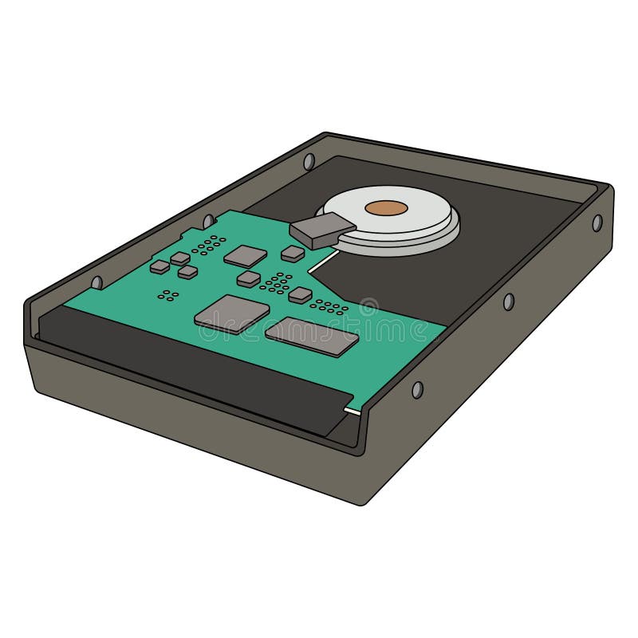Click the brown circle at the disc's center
point(387,208)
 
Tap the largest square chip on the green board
point(231,312)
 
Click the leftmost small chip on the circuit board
point(159,267)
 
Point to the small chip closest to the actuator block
point(293,254)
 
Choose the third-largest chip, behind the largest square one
point(245,255)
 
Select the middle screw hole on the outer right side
point(508,301)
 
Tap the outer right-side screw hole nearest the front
point(416,389)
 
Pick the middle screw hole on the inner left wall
point(207,221)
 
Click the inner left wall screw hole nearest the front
point(97,282)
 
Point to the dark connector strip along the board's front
point(191,359)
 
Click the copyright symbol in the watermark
point(368,306)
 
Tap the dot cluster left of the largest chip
point(167,295)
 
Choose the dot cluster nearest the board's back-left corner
point(209,244)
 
